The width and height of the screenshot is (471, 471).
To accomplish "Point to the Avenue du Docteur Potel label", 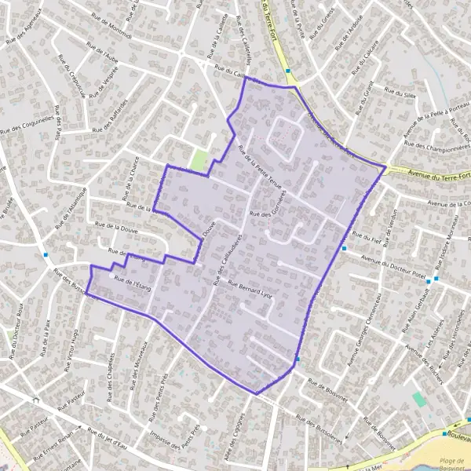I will (392, 265).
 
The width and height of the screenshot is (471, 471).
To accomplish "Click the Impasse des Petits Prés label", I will (176, 444).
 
